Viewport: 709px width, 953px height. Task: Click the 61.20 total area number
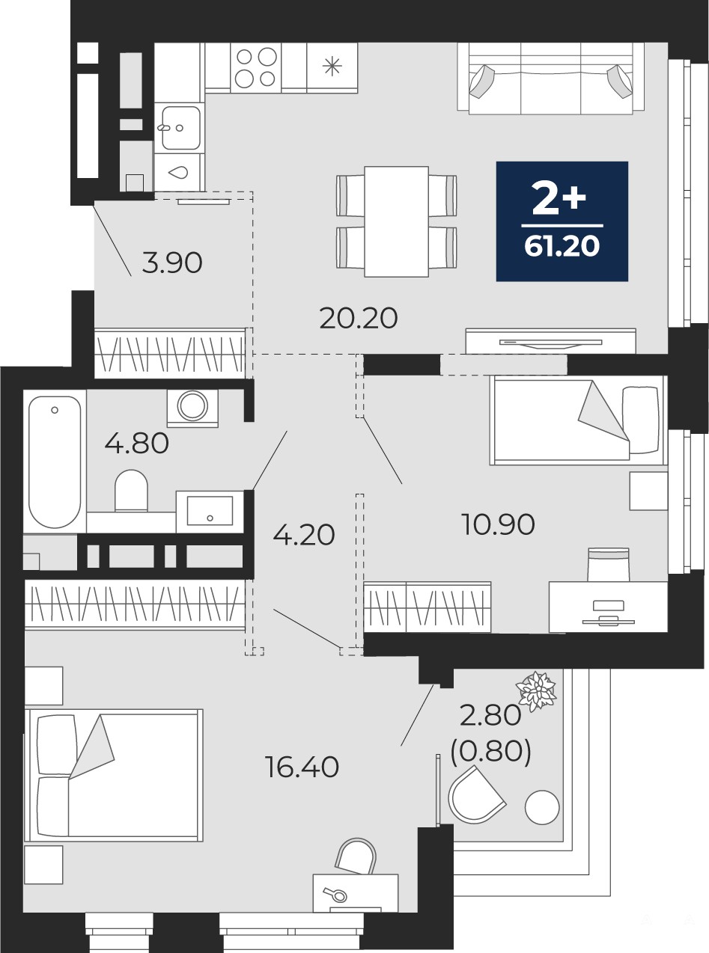click(562, 246)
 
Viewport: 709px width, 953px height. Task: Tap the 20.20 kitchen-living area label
click(359, 319)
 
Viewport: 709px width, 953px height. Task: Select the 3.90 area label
click(172, 263)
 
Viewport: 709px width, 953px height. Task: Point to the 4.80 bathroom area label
click(136, 444)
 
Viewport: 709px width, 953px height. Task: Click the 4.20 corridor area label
click(304, 535)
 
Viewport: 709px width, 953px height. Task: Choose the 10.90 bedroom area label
click(498, 524)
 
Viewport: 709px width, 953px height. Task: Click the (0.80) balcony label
click(490, 750)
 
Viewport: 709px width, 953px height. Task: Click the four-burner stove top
click(256, 67)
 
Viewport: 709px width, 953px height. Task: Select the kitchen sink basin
click(180, 127)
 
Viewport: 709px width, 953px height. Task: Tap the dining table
click(396, 221)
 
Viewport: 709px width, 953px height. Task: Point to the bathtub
click(55, 462)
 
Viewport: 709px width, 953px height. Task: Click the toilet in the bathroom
click(131, 490)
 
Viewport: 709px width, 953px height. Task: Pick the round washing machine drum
click(192, 405)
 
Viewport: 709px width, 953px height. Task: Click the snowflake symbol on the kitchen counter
click(332, 67)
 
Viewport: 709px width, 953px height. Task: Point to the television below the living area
click(551, 342)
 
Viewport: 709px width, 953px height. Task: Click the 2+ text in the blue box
click(559, 198)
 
